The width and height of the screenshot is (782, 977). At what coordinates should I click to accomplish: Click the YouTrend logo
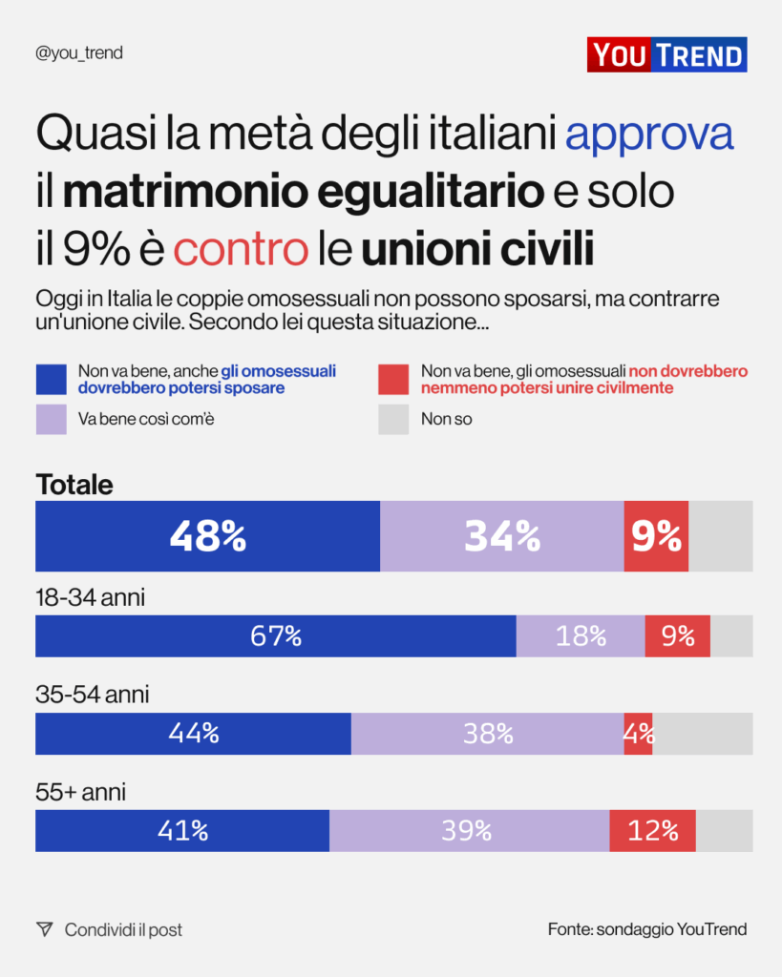point(666,54)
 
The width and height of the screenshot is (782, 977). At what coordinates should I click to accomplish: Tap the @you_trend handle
point(79,53)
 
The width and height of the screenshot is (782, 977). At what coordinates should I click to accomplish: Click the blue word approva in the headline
point(649,135)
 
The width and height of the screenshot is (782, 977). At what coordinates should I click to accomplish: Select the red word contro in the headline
point(242,249)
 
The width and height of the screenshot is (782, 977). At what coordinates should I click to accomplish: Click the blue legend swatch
point(52,379)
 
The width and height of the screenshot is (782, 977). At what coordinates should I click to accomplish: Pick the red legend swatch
point(393,379)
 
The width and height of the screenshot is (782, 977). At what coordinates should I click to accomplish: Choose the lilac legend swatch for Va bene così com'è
point(52,419)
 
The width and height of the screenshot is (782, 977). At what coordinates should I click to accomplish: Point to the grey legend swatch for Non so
point(393,419)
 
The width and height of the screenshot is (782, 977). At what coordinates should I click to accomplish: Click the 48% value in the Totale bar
point(208,536)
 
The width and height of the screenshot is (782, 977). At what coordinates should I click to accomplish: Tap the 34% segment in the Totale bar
point(502,536)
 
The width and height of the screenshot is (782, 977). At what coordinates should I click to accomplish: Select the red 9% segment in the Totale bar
point(656,536)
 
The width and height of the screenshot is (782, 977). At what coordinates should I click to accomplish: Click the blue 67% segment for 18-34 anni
point(276,636)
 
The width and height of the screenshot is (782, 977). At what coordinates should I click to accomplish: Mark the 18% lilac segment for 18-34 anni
point(581,636)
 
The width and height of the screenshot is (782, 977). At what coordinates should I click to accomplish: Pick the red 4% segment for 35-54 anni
point(639,734)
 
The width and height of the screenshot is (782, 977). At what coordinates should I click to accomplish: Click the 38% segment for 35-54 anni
point(488,734)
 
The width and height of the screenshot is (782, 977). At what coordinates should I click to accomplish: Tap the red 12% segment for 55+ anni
point(653,831)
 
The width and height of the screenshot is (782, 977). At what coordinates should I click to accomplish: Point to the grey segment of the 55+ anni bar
point(724,831)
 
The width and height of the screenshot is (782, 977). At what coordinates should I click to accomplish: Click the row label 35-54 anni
point(93,696)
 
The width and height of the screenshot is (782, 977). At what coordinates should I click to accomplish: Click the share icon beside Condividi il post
point(44,929)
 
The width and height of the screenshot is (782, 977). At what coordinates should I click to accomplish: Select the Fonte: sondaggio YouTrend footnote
point(647,929)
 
